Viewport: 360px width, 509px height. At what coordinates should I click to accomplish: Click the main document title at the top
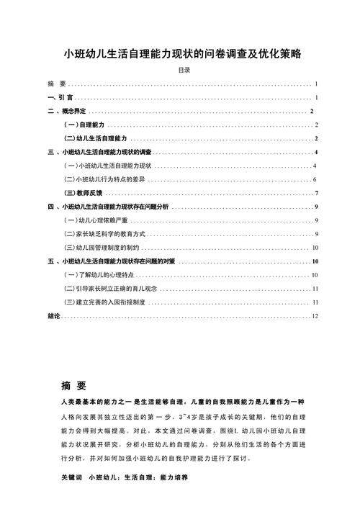coord(180,53)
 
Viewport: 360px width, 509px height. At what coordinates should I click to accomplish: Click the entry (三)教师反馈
coord(84,193)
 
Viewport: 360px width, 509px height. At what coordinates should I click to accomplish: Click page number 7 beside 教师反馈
coord(316,193)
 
